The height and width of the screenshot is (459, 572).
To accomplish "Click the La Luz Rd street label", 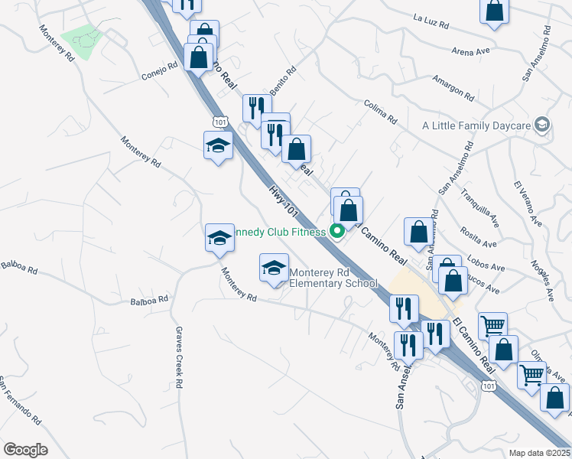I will click(x=431, y=21).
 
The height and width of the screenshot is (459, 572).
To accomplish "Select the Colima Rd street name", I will click(x=381, y=114).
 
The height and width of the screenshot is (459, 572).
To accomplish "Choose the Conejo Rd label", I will click(x=160, y=71).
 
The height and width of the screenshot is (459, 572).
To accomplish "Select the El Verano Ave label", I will click(x=527, y=204).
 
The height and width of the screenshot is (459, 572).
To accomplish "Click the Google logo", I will click(x=25, y=450).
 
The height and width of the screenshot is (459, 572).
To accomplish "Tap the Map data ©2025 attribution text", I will click(x=540, y=453).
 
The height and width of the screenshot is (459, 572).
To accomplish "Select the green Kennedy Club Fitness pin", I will click(x=336, y=231).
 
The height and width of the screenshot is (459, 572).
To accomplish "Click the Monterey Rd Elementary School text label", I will click(x=334, y=278).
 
